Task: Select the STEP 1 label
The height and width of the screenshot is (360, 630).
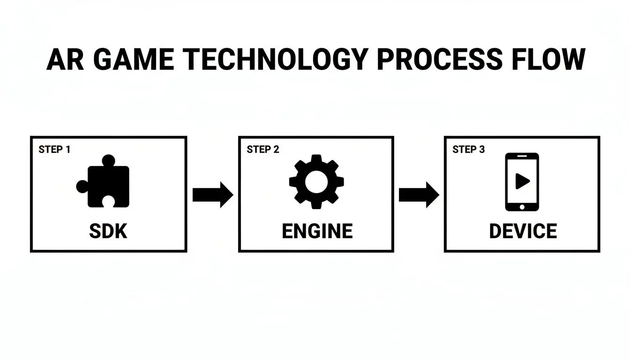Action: point(54,150)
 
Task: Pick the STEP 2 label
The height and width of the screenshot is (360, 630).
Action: point(263,150)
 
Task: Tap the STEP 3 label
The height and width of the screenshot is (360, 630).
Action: point(469,150)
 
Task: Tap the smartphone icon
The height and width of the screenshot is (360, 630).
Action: point(522,182)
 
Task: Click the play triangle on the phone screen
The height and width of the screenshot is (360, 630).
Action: point(522,181)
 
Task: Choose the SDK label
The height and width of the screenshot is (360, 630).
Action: point(108,232)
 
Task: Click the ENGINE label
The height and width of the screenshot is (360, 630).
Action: point(317,232)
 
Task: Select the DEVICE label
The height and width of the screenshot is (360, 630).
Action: point(523,232)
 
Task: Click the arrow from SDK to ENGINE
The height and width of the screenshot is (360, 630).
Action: point(212,194)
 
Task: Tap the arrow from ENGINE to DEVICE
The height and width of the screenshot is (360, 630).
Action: point(419,194)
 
